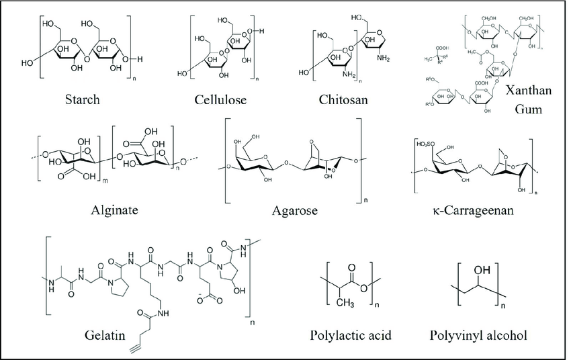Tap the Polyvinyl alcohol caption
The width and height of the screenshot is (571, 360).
click(x=480, y=334)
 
